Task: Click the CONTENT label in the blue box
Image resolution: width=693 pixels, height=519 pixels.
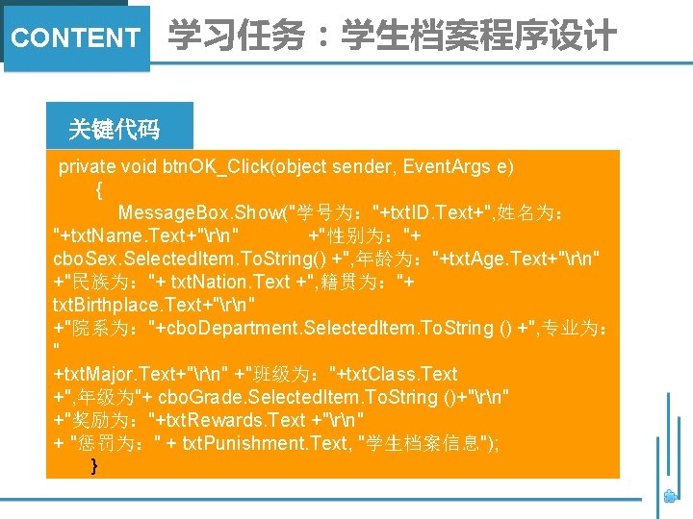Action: [75, 38]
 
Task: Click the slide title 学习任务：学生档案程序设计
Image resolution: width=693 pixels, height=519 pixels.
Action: [392, 37]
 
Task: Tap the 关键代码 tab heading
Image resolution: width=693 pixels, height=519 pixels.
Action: [114, 129]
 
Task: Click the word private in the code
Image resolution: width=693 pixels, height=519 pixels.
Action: [87, 166]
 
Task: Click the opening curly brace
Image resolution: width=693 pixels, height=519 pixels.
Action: [99, 189]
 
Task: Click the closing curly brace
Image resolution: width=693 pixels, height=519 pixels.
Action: [93, 466]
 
